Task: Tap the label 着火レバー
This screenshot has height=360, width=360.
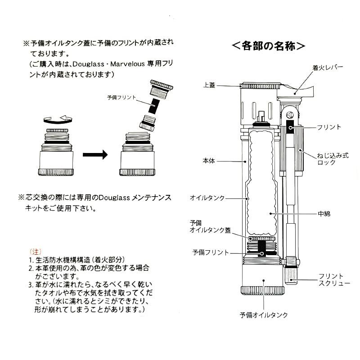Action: tap(328, 67)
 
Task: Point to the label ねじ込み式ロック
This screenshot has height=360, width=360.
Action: tap(333, 159)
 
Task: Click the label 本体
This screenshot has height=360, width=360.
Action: tap(209, 160)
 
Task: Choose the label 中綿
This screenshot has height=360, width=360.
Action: tap(324, 214)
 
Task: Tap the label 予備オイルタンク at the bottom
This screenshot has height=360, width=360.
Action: tap(263, 315)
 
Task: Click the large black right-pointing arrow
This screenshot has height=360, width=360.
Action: tap(95, 155)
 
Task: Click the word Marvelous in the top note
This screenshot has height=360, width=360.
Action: tap(128, 64)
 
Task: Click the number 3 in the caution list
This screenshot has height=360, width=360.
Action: tap(31, 284)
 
